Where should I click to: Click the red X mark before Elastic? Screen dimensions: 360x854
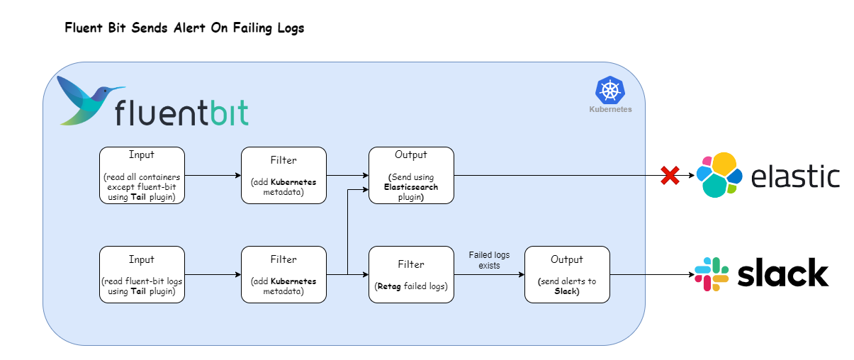coord(670,176)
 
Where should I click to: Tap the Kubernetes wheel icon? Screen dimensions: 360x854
coord(609,91)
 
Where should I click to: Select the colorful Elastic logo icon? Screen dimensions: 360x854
coord(719,175)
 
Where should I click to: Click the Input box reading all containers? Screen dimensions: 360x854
coord(142,176)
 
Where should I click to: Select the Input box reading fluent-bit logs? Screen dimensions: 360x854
coord(142,275)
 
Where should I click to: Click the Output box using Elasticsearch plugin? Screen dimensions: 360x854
coord(411,176)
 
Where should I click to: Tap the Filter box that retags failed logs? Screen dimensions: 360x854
coord(411,275)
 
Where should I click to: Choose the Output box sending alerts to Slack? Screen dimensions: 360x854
coord(567,275)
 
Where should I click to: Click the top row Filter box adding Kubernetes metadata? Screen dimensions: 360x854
coord(283,176)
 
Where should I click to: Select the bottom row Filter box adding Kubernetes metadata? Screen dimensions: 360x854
coord(283,275)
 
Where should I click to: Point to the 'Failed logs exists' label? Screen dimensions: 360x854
coord(489,260)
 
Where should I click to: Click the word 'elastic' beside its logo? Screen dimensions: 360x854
coord(795,176)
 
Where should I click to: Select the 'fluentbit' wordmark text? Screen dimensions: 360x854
coord(181,112)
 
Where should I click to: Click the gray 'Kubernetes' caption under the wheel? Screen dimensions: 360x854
coord(610,110)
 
